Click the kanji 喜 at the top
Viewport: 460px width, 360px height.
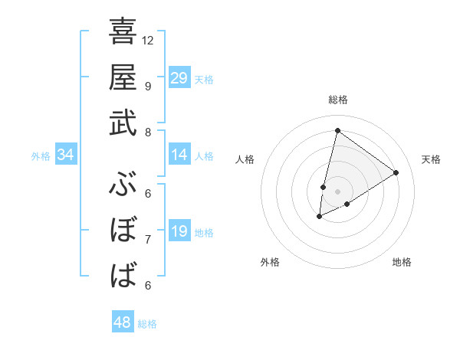point(123,32)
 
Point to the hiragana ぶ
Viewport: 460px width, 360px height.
point(123,185)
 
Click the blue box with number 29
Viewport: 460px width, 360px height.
point(179,78)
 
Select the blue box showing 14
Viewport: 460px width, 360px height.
point(179,155)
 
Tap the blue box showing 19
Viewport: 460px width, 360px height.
point(179,231)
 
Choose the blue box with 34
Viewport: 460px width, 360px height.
point(66,155)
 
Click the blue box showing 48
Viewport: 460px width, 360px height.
point(123,322)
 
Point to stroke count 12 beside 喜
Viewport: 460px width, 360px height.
point(148,40)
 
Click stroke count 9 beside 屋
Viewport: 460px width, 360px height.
point(148,86)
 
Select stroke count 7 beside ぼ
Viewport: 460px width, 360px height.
point(148,240)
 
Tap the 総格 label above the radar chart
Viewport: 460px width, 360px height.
point(337,100)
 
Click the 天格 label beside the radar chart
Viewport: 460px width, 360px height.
point(431,159)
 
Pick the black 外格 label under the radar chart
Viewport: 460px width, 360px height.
point(270,262)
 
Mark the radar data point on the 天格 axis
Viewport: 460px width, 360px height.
point(396,172)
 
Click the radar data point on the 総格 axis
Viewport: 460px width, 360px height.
point(337,130)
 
